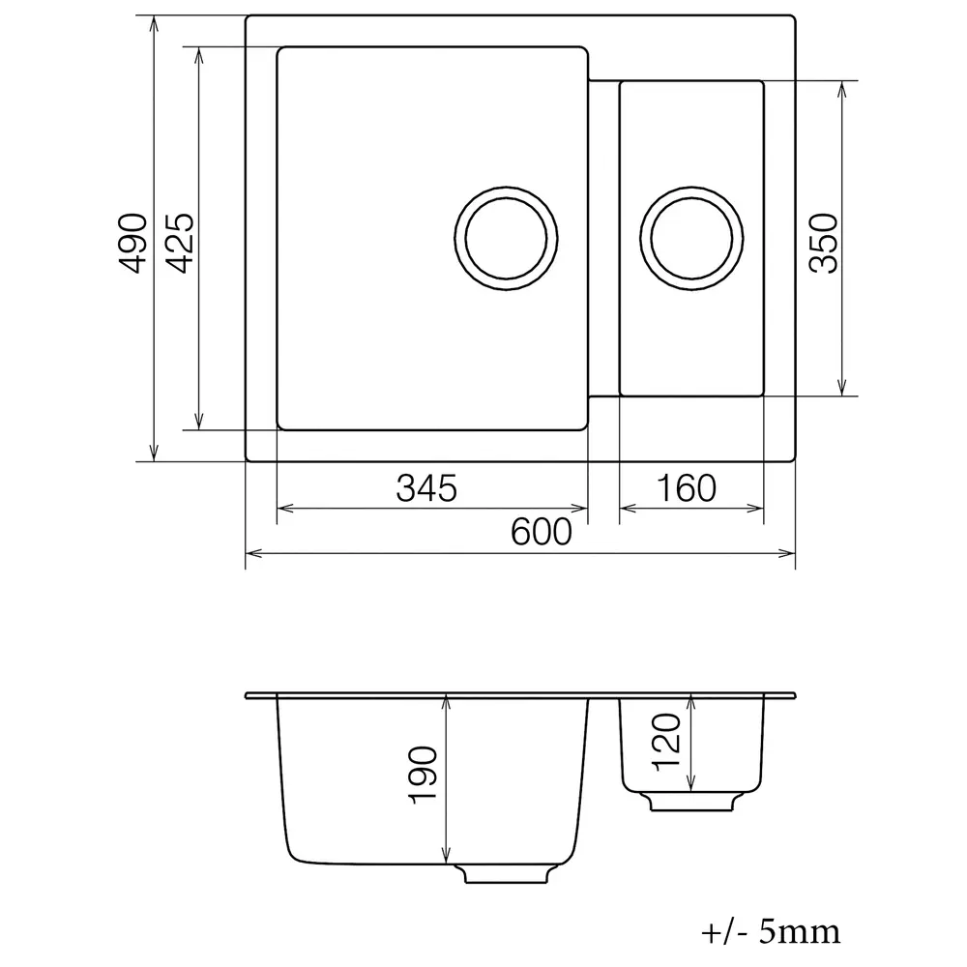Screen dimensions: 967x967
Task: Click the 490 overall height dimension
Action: click(132, 243)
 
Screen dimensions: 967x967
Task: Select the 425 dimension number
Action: click(180, 243)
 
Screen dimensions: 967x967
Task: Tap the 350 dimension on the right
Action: click(824, 243)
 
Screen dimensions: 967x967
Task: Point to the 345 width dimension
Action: click(426, 487)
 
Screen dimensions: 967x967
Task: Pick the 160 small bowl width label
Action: click(687, 487)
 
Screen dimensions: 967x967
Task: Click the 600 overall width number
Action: click(542, 532)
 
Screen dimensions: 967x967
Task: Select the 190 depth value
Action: click(424, 776)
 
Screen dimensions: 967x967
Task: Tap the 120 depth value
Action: click(666, 742)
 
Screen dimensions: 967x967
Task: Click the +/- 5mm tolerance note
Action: click(771, 932)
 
